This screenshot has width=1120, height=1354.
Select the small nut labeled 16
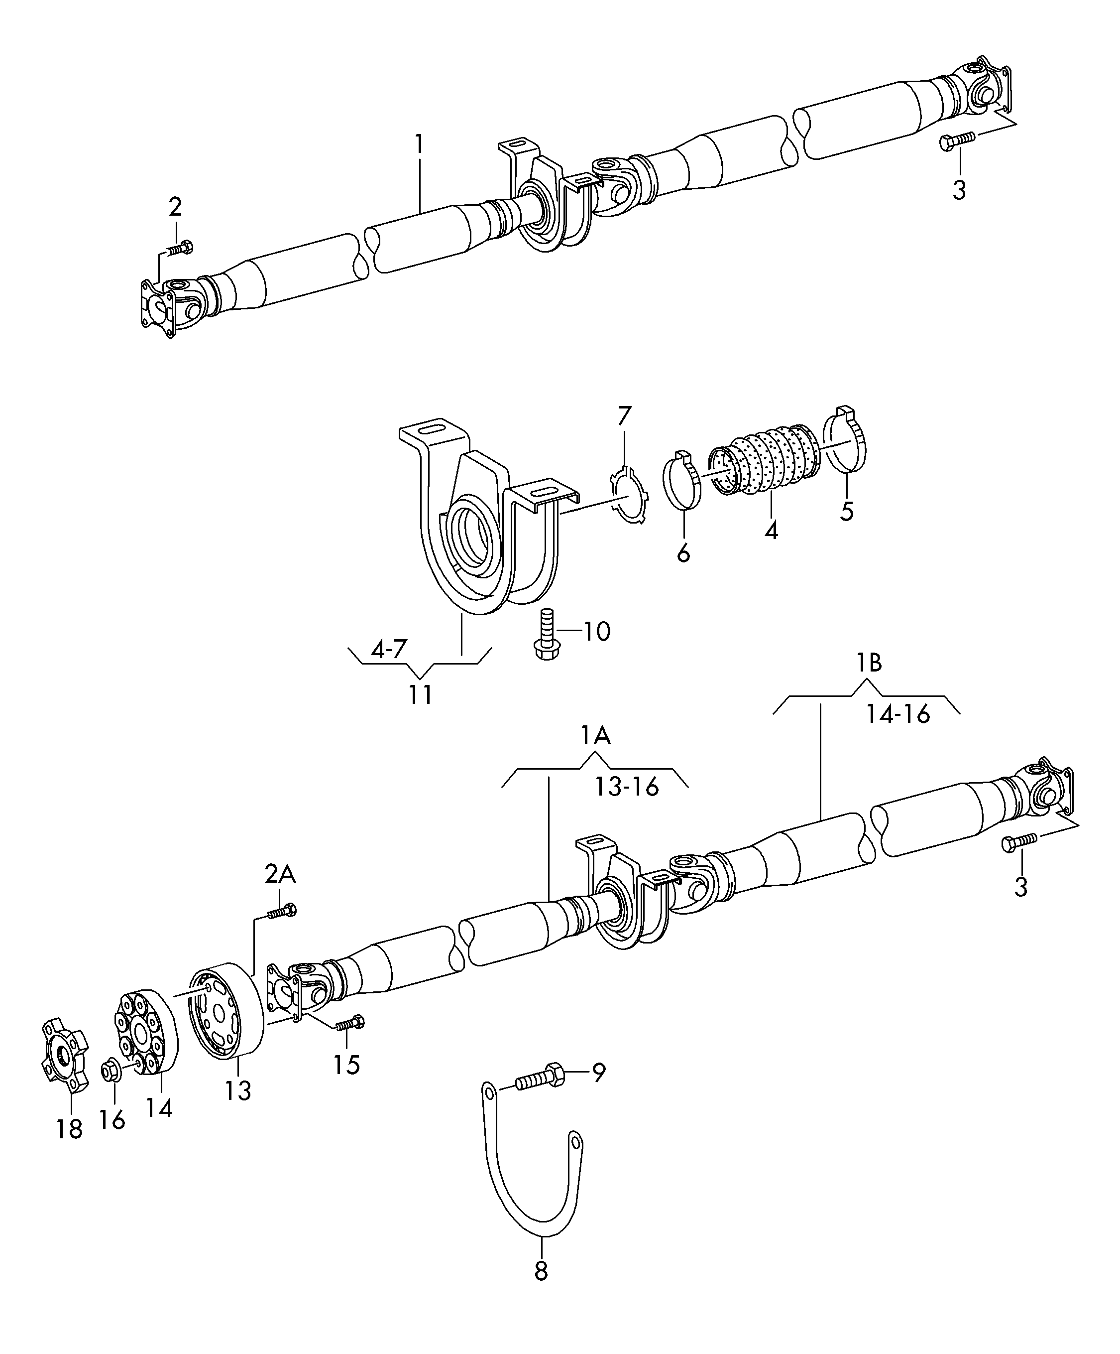point(110,1072)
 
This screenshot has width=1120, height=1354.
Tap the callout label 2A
point(280,874)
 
